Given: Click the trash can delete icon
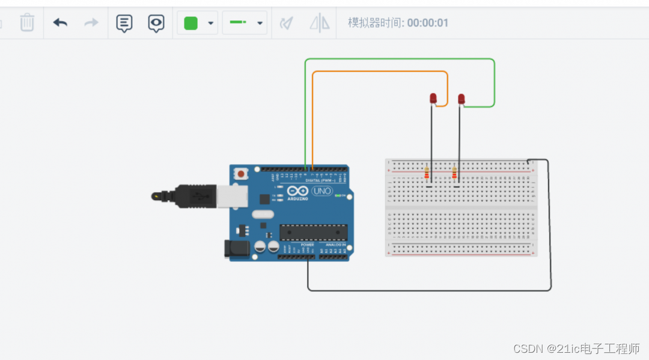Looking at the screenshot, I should tap(27, 23).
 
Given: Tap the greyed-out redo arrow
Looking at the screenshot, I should tap(91, 23).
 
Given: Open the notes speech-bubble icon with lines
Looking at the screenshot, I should tap(124, 23).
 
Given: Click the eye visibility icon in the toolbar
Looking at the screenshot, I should tap(156, 23).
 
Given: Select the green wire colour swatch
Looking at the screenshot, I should tap(190, 23).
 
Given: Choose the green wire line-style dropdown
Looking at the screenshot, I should tap(244, 23).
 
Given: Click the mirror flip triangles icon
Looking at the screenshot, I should tap(320, 23).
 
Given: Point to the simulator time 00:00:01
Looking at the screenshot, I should tap(427, 23).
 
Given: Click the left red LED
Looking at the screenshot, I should tap(433, 98).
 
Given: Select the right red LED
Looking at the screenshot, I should tap(462, 99).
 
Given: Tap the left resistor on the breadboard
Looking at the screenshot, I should tap(427, 174).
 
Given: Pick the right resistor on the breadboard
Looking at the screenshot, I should tap(454, 174).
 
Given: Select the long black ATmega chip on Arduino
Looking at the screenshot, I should tap(313, 232).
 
